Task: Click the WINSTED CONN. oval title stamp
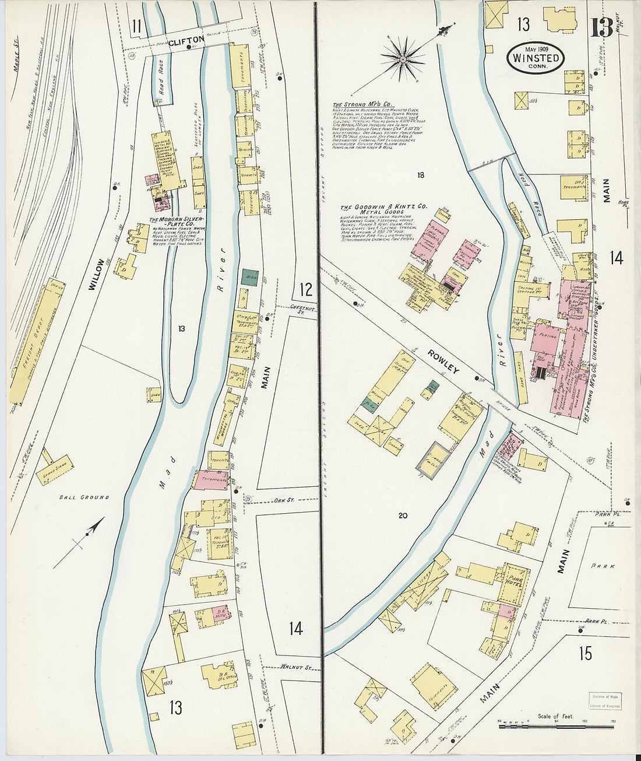tap(536, 57)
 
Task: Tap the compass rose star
tap(403, 58)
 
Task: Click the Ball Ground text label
tap(84, 497)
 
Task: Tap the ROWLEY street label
tap(443, 362)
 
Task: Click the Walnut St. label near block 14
tap(293, 667)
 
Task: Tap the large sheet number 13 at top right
tap(601, 27)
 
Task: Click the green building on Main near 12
tap(250, 276)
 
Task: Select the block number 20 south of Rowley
tap(402, 515)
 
